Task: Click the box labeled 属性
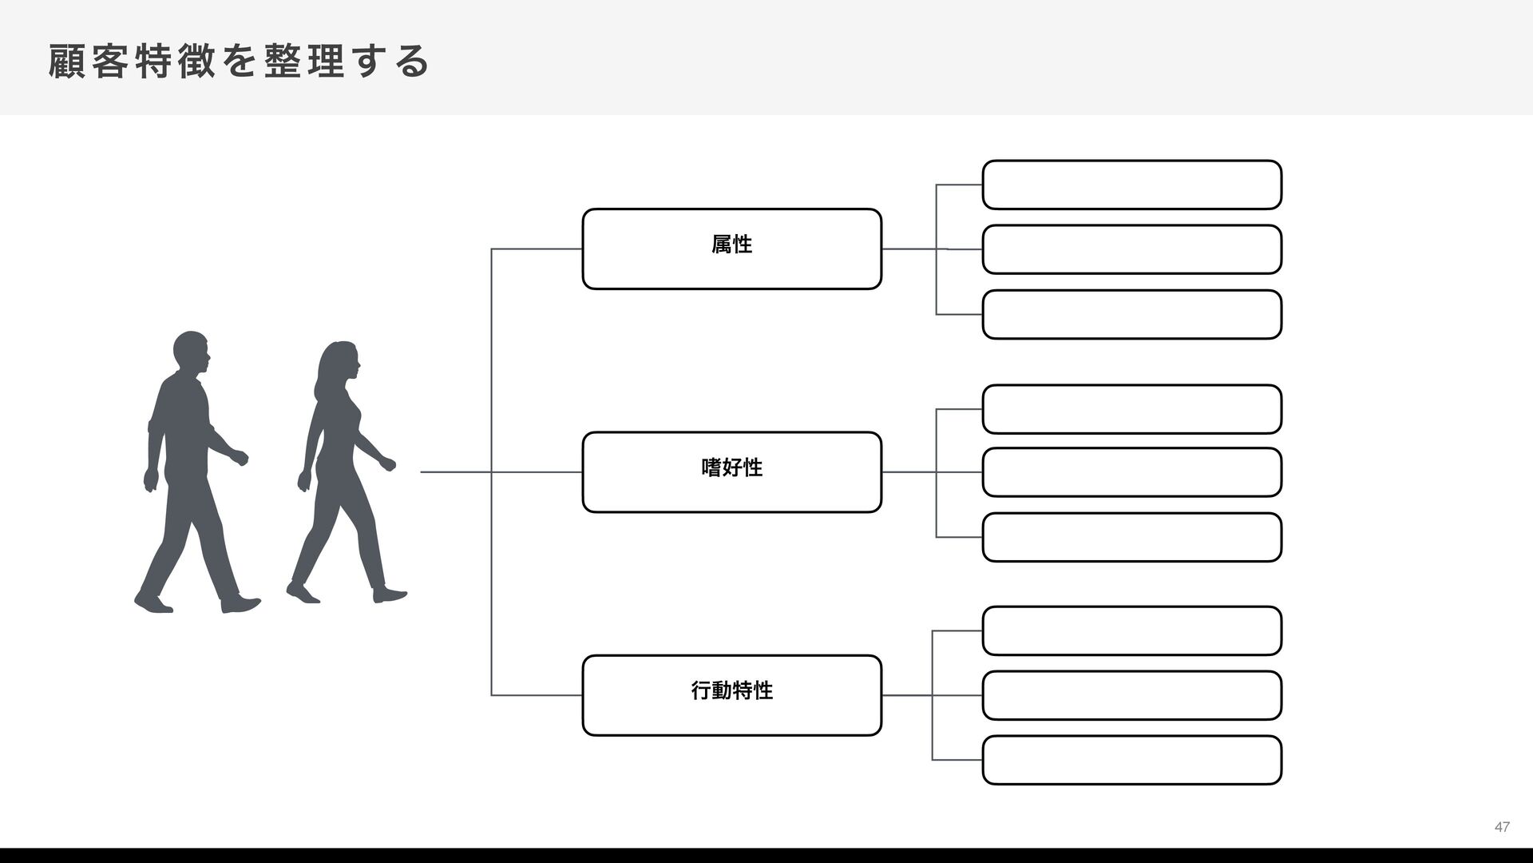coord(731,249)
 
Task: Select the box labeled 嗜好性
coord(731,471)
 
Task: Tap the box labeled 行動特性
coord(731,694)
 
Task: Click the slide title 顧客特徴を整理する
coord(239,62)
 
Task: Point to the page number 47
coord(1502,827)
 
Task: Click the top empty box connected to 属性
coord(1131,185)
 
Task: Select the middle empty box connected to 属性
coord(1131,249)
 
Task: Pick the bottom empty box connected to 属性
coord(1131,314)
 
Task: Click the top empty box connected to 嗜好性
coord(1131,409)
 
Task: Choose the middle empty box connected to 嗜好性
coord(1131,472)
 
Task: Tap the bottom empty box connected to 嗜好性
coord(1131,537)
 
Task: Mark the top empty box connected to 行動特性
coord(1131,630)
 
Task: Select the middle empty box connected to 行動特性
coord(1131,695)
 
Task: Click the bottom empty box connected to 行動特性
coord(1131,760)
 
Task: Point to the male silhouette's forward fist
coord(240,458)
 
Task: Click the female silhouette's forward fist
coord(388,463)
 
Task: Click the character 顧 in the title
coord(65,62)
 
